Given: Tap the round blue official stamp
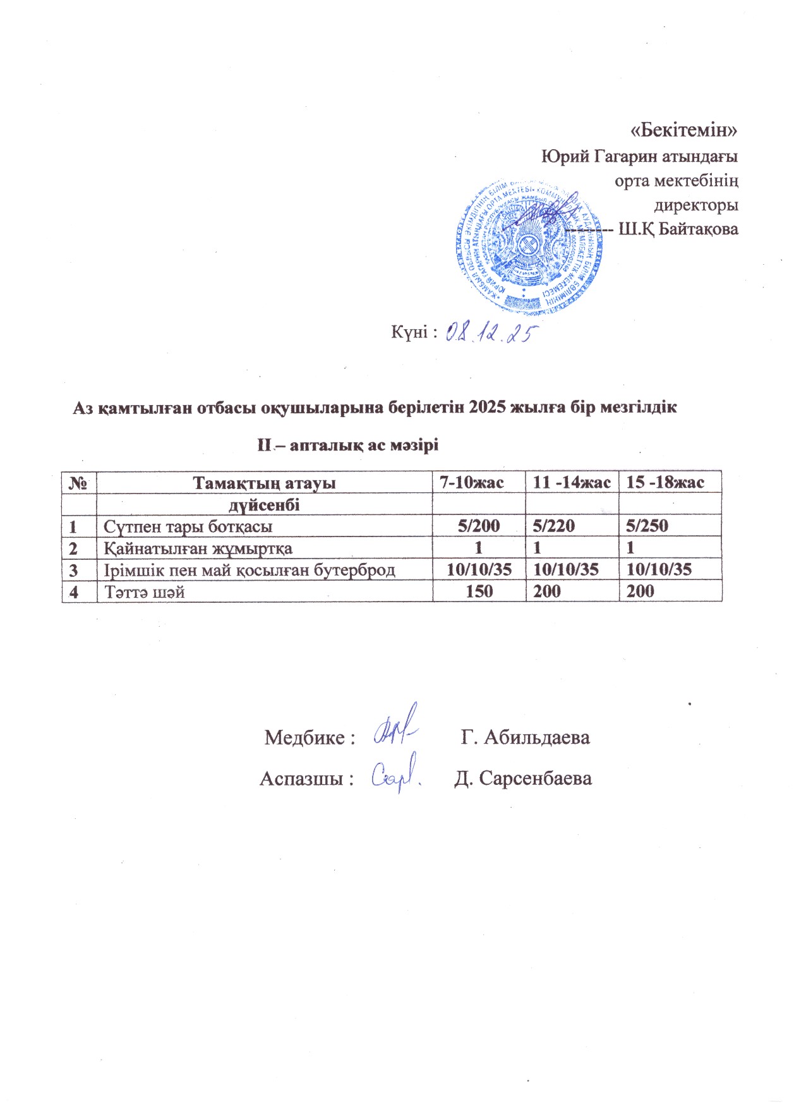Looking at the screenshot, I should click(x=528, y=246).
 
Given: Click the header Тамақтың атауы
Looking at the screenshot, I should click(x=264, y=483).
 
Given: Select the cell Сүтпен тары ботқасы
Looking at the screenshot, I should click(x=188, y=526).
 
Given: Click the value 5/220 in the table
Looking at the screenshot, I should click(x=554, y=526).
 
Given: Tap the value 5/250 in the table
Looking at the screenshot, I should click(x=647, y=526).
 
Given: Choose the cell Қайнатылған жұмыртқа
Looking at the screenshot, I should click(x=198, y=548).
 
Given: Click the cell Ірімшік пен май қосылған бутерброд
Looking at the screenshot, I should click(x=250, y=569).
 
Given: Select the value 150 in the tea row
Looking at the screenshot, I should click(x=478, y=591).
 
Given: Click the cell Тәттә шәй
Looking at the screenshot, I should click(x=144, y=591).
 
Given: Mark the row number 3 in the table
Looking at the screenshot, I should click(x=73, y=569).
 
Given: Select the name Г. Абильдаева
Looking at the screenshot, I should click(x=526, y=737).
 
